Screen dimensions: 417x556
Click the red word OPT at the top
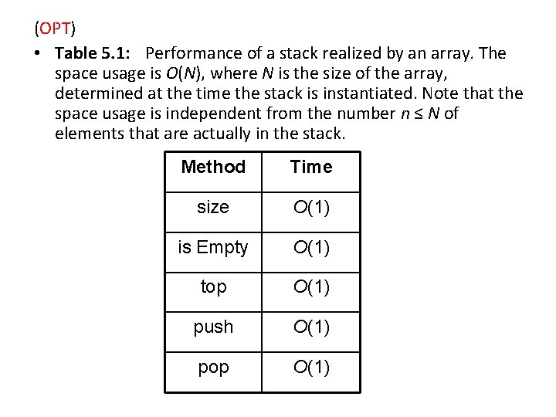tap(55, 29)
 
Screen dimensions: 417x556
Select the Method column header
tap(213, 167)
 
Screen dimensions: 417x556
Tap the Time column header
tap(311, 167)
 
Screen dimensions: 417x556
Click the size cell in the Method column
tap(213, 207)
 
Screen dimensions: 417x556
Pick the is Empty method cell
tap(213, 247)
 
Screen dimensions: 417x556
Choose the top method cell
tap(213, 287)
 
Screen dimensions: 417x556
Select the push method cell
tap(213, 327)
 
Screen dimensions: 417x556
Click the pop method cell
tap(213, 368)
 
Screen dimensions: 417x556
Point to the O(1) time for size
tap(310, 207)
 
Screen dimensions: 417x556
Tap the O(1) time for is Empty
tap(310, 247)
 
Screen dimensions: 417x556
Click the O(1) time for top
tap(310, 287)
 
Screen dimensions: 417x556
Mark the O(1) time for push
tap(310, 327)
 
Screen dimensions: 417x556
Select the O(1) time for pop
tap(310, 368)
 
